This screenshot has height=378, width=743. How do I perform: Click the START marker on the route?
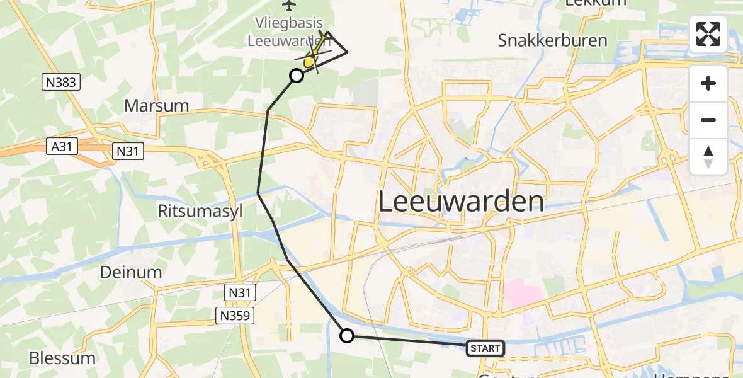point(485,348)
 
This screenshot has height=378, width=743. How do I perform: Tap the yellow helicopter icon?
point(311,61)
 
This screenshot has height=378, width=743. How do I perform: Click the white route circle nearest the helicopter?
point(296,76)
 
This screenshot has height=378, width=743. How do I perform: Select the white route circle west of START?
point(347,336)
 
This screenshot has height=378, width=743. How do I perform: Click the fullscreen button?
point(708,34)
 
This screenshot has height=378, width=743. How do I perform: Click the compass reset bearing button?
point(708,157)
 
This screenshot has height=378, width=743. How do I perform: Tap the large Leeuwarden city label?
point(461,202)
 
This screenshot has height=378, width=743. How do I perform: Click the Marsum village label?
point(157,105)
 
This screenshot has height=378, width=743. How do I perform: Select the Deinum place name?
point(131,272)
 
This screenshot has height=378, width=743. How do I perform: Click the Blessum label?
point(62,358)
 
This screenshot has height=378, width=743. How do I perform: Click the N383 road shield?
point(62,81)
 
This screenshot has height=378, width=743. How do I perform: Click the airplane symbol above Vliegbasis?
point(289,6)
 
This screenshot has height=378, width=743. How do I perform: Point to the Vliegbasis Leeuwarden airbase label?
point(288,31)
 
